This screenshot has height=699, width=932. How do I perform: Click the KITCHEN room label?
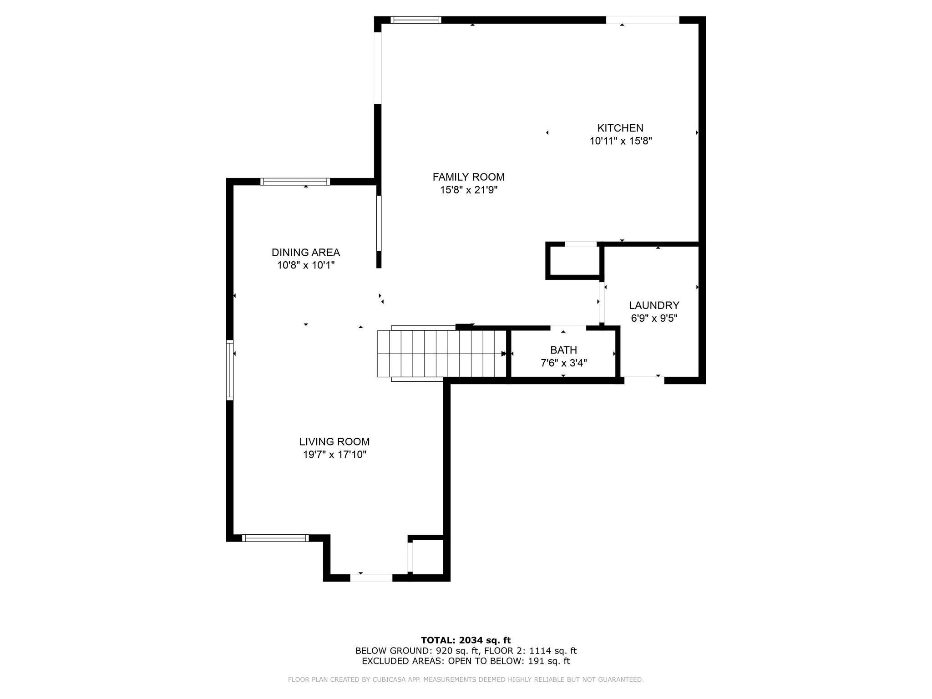(x=620, y=128)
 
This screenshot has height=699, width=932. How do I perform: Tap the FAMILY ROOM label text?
(x=468, y=177)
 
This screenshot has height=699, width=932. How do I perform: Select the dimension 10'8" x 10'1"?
(x=306, y=265)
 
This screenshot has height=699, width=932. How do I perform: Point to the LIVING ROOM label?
(x=334, y=441)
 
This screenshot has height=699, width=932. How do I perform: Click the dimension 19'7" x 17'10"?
(x=334, y=455)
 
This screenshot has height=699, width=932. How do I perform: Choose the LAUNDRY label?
(x=654, y=305)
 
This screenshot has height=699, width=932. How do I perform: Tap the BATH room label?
(x=563, y=350)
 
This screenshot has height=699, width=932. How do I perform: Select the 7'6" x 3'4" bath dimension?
(x=563, y=363)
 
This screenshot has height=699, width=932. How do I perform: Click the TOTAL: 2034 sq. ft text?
(x=466, y=640)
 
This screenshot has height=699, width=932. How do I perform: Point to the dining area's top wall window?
(x=295, y=182)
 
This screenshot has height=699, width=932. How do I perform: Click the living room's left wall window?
(x=230, y=370)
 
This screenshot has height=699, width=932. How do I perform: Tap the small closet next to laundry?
(x=574, y=261)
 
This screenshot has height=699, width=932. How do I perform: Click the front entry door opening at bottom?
(x=371, y=577)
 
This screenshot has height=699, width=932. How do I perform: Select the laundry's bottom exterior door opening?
(x=644, y=380)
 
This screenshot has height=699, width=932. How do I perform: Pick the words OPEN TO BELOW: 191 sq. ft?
(x=509, y=661)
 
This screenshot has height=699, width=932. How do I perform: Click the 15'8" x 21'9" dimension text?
(x=468, y=190)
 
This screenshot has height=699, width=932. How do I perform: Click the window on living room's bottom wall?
(x=275, y=538)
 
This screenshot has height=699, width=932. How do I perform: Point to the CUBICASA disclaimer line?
(x=466, y=679)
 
